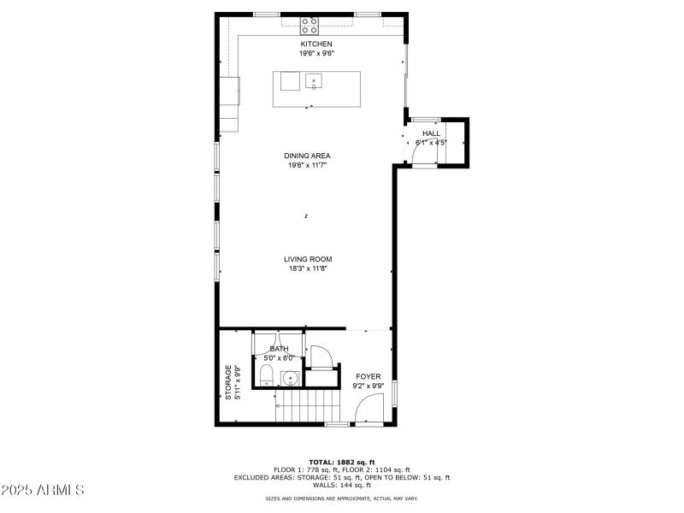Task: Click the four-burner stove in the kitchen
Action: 310,25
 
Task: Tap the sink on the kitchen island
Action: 314,82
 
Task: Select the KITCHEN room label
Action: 315,44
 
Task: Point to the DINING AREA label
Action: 308,156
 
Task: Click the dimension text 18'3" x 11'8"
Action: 308,268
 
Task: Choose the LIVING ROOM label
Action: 308,259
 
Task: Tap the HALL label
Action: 431,133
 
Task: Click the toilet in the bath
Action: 265,374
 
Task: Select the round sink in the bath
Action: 291,377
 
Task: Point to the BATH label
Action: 279,349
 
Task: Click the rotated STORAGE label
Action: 228,382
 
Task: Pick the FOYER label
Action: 369,376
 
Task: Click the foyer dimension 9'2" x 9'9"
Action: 369,386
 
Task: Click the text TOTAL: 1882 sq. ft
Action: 342,462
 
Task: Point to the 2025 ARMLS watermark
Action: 43,491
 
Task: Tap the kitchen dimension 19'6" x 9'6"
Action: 315,53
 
